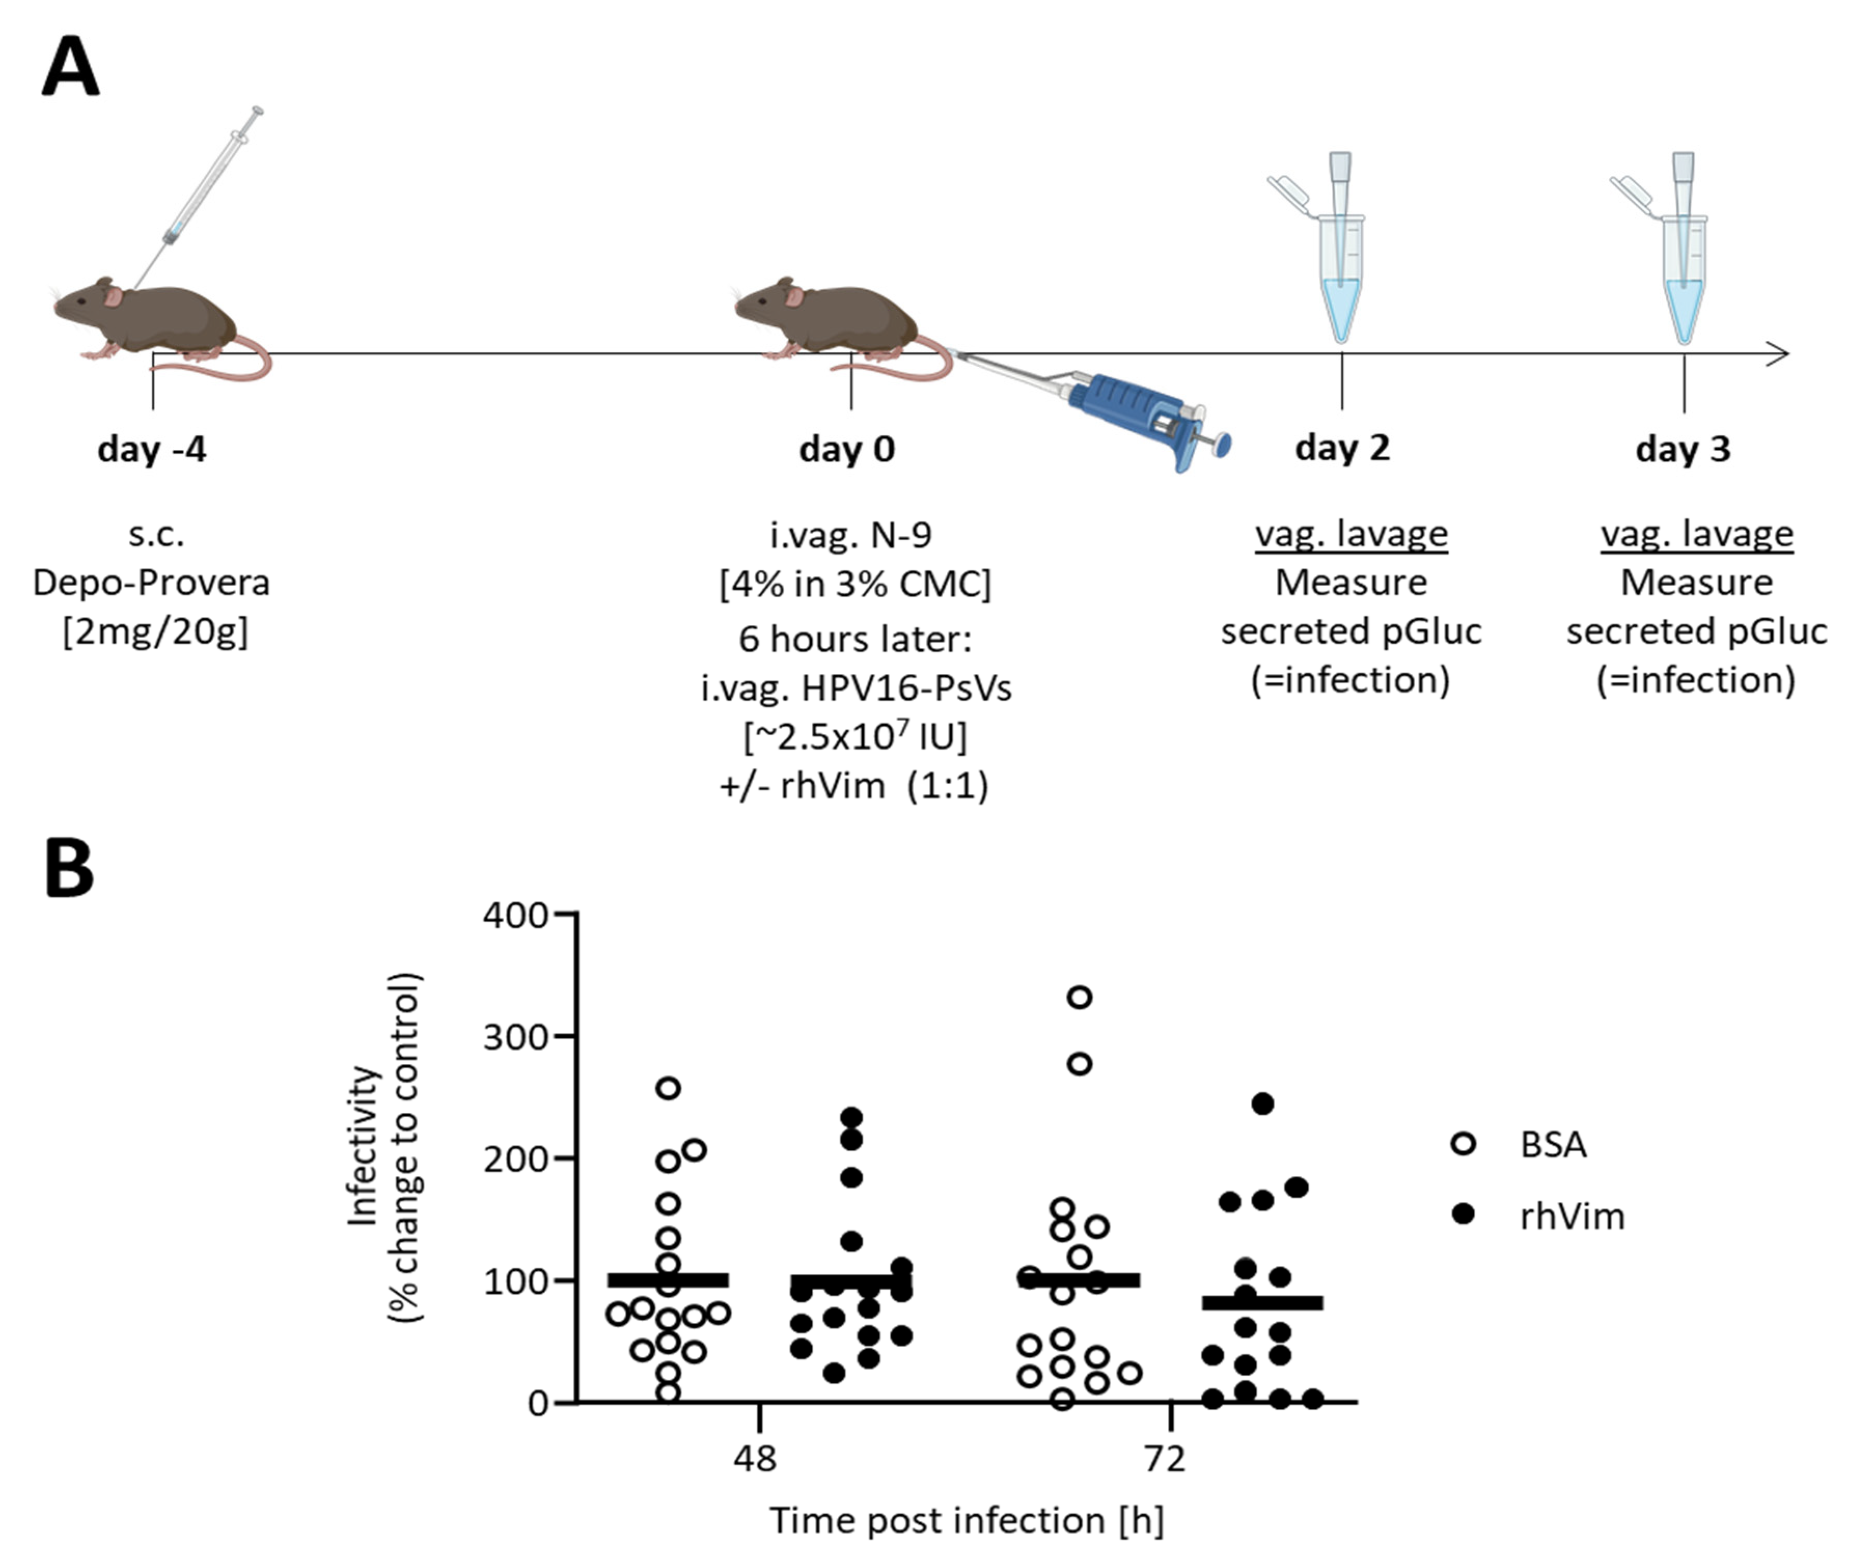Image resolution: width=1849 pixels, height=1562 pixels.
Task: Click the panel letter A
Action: [x=71, y=68]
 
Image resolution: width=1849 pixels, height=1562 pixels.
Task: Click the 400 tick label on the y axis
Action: [x=515, y=915]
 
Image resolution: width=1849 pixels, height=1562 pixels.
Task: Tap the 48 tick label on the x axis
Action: [x=755, y=1458]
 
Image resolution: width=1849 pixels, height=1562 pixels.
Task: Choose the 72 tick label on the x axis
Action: [x=1165, y=1458]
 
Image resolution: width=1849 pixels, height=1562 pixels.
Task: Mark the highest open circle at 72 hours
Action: [x=1080, y=997]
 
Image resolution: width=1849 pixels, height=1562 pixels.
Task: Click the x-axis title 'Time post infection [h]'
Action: [x=966, y=1520]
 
